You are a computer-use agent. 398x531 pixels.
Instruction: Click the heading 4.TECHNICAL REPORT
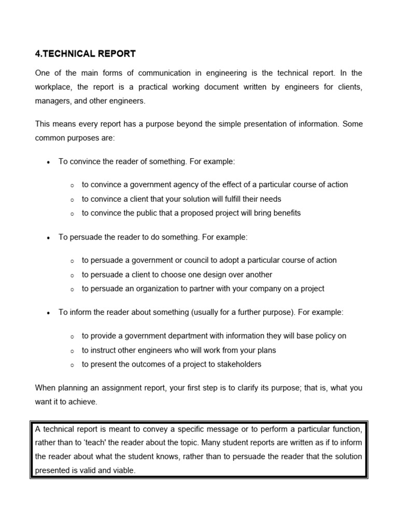click(85, 53)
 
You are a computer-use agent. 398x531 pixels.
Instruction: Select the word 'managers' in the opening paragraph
click(50, 101)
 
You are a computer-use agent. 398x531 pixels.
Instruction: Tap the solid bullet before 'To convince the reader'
click(48, 162)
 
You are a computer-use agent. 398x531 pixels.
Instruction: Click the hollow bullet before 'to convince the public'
click(72, 214)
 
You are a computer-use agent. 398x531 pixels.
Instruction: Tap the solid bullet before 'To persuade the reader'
click(48, 238)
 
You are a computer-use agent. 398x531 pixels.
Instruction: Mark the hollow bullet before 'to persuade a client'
click(72, 275)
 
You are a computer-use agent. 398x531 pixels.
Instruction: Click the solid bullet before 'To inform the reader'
click(48, 313)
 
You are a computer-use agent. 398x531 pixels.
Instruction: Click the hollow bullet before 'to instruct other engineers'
click(72, 351)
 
